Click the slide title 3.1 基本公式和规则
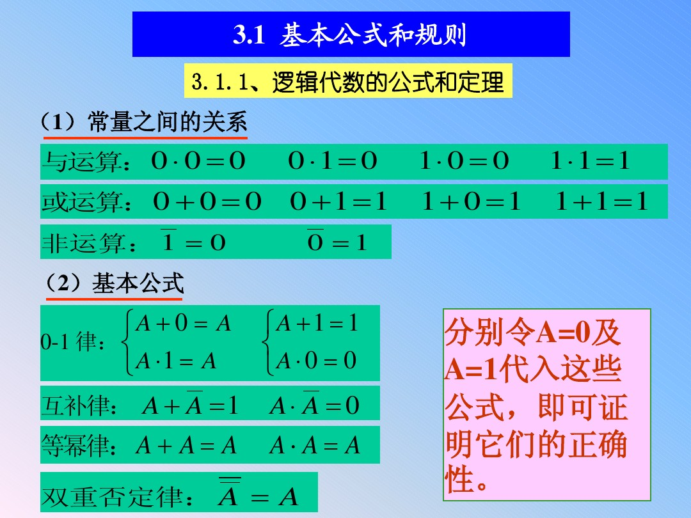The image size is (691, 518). coord(351,35)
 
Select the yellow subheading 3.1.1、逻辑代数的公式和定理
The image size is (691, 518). coord(348,82)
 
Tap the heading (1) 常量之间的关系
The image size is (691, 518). coord(144,122)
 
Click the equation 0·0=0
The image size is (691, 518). coord(198,161)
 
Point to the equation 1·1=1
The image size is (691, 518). coord(590,161)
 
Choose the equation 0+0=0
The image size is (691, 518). coord(207,202)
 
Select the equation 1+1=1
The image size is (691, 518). coord(601,202)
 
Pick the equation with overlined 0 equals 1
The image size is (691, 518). coord(337,242)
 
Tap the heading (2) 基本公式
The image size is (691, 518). coord(115,283)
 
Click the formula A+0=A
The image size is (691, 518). coord(184,324)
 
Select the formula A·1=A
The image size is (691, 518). coord(176,362)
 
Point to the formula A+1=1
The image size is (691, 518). coord(316,324)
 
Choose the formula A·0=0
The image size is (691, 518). coord(316,362)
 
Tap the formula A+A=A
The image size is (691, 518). coord(186,446)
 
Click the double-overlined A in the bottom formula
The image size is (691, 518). coord(228,496)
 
